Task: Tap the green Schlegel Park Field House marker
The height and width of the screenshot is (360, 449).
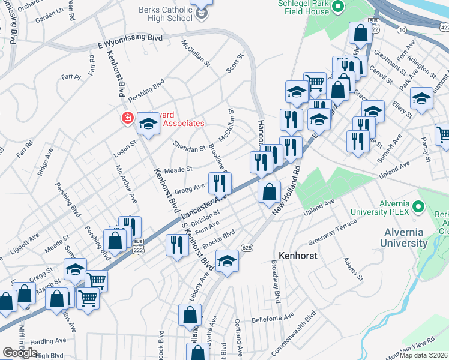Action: (x=337, y=7)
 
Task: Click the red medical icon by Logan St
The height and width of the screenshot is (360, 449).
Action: (x=128, y=118)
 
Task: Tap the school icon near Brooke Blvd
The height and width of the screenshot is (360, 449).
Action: (x=227, y=260)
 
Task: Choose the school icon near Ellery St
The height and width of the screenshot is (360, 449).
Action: (x=422, y=98)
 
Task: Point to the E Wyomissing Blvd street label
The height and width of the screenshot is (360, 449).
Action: (x=130, y=40)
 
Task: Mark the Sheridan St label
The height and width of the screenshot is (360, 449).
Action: (x=189, y=145)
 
